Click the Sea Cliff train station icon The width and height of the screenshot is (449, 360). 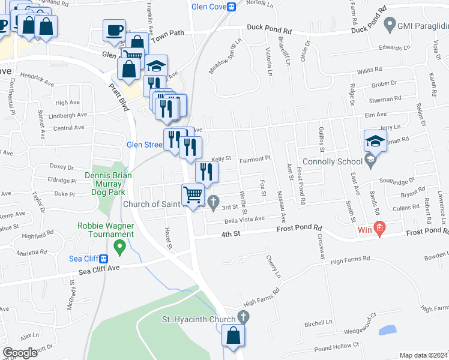(x=103, y=259)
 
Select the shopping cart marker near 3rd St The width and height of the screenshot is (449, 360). (x=192, y=194)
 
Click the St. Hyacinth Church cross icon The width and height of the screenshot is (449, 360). (x=243, y=316)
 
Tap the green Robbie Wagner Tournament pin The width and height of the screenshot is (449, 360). (x=119, y=245)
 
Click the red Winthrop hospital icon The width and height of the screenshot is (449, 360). (x=379, y=229)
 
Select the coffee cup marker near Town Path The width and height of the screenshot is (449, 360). (x=114, y=30)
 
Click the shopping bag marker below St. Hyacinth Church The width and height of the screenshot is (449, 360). (x=234, y=335)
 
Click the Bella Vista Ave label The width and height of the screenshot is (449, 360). (x=244, y=220)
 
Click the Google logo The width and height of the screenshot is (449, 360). (x=20, y=353)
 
